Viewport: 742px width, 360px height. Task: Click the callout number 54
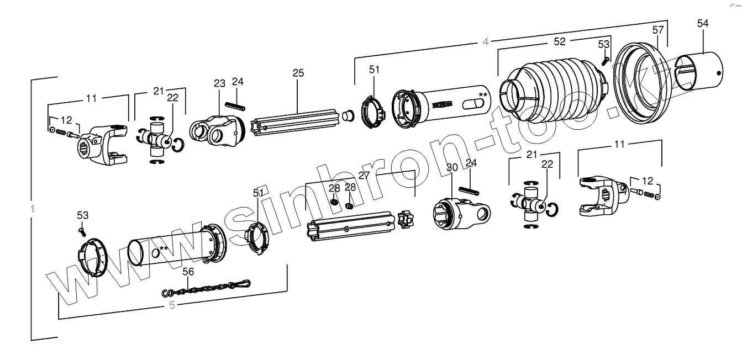point(702,23)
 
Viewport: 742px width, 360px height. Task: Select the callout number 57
point(657,30)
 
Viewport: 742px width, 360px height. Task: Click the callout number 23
point(220,83)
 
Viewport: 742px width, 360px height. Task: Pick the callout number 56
point(188,272)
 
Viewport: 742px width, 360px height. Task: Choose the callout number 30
point(451,167)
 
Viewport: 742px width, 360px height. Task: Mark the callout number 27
point(364,175)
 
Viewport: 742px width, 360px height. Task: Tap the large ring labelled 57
point(644,83)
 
